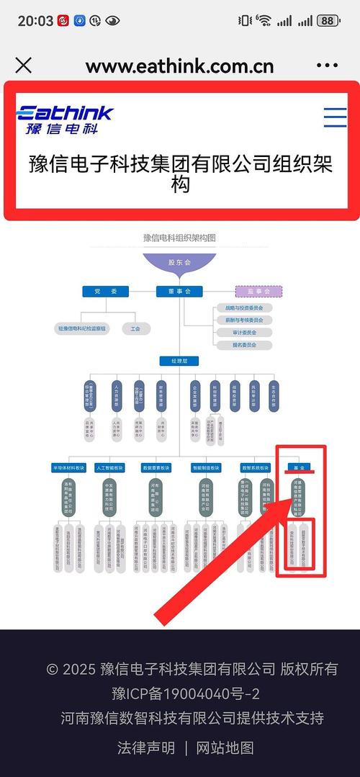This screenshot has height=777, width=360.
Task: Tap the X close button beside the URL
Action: point(23,66)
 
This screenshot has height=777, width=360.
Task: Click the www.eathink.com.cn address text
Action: point(179,66)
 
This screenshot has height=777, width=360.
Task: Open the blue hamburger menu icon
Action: point(335,117)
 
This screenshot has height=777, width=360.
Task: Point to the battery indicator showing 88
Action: point(328,21)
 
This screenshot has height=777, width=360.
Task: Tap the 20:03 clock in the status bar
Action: point(35,21)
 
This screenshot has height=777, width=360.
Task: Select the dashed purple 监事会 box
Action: point(259,292)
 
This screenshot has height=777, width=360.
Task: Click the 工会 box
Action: point(135,328)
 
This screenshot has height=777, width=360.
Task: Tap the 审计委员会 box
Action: point(243,333)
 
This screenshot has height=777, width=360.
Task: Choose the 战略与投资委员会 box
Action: point(243,307)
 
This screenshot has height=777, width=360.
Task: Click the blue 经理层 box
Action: point(179,361)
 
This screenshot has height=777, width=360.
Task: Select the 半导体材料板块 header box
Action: point(69,467)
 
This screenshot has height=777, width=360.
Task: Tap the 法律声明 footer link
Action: point(146,747)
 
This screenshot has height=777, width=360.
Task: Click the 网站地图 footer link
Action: point(225,747)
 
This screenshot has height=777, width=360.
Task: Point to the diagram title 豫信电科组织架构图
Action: point(179,237)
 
